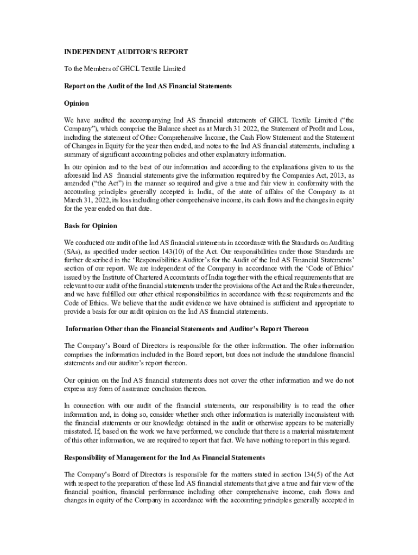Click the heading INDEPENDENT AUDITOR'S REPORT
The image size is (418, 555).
pyautogui.click(x=126, y=52)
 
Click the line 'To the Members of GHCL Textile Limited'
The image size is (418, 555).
pyautogui.click(x=125, y=69)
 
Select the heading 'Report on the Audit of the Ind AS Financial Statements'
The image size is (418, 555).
pyautogui.click(x=148, y=86)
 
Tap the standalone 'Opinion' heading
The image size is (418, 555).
pyautogui.click(x=77, y=103)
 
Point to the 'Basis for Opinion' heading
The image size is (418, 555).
pyautogui.click(x=91, y=225)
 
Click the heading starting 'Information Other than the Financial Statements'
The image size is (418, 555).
pyautogui.click(x=187, y=328)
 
